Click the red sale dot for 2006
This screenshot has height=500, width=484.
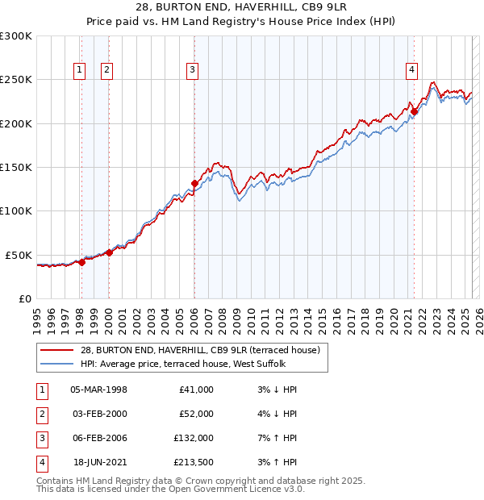coord(194,183)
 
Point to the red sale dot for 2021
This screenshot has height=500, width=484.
coord(414,111)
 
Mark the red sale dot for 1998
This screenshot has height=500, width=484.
coord(81,262)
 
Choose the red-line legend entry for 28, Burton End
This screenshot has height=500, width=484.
coord(200,350)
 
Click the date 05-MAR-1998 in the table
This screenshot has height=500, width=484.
coord(99,390)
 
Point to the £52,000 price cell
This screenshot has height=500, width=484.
coord(196,414)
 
